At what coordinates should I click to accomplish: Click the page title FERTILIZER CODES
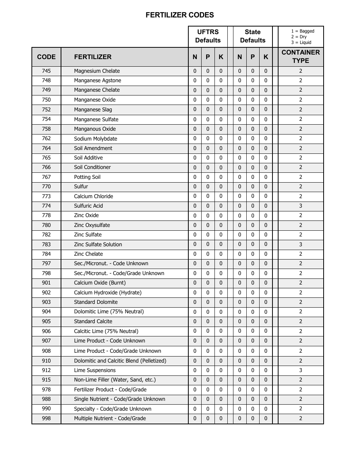pos(180,15)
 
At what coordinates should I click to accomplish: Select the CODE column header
pos(46,57)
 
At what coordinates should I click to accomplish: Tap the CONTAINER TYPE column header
pos(301,56)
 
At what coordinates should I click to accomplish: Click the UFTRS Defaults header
pos(208,36)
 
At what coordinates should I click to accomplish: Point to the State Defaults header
pos(253,36)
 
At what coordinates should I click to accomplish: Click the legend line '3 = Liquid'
pos(301,42)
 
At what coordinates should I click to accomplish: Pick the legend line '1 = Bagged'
pos(302,31)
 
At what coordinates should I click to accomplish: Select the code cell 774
pos(46,206)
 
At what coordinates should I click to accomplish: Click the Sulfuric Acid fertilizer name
pos(88,206)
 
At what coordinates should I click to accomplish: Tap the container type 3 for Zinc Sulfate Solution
pos(301,244)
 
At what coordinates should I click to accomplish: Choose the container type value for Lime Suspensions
pos(301,370)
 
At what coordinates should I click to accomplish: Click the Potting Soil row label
pos(87,177)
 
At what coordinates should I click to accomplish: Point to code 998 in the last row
pos(46,418)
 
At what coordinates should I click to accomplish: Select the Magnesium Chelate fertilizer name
pos(97,71)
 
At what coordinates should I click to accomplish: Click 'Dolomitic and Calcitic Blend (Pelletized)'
pos(120,361)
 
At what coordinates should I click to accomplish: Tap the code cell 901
pos(46,283)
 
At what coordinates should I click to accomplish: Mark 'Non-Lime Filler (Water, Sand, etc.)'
pos(115,380)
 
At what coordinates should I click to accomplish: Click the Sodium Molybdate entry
pos(95,138)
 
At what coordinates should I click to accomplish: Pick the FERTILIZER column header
pos(93,57)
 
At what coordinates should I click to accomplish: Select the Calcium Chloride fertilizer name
pos(93,196)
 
